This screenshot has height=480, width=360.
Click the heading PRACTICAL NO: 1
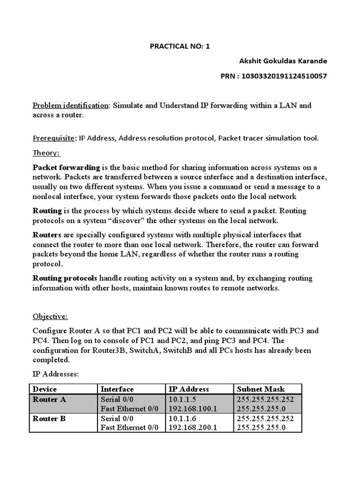click(180, 46)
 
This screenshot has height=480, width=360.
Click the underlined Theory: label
click(47, 153)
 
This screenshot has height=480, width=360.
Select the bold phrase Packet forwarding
click(66, 167)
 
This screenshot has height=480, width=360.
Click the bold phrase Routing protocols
click(65, 278)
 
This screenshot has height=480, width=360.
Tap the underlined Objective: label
click(50, 316)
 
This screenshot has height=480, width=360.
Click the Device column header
click(45, 389)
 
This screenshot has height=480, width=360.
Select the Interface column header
click(117, 389)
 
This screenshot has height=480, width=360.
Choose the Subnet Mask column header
click(261, 389)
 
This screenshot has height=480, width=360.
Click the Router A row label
click(49, 399)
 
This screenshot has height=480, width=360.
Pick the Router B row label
click(49, 419)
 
